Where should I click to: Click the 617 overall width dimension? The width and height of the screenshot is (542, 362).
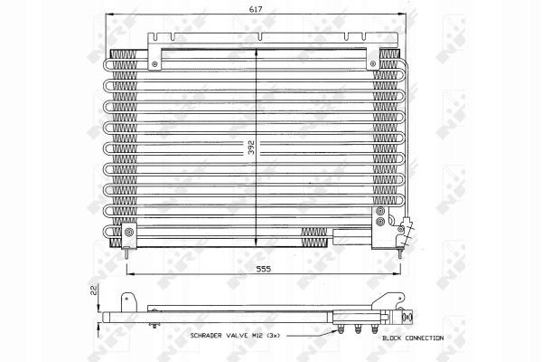[256, 9]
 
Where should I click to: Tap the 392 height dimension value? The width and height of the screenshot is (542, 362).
[251, 147]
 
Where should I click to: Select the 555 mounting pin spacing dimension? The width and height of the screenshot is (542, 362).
[264, 269]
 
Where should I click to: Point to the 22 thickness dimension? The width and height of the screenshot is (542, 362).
[93, 290]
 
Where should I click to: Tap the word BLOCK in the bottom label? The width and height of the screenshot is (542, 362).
[392, 338]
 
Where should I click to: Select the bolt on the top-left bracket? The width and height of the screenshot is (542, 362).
[154, 63]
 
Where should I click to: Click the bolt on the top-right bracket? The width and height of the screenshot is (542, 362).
[372, 63]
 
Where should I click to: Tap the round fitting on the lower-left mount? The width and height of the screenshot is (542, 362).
[129, 233]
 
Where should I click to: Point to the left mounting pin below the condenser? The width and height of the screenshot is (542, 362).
[126, 252]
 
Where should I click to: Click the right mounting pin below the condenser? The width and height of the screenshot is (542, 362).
[400, 252]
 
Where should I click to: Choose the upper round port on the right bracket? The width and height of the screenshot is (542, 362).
[380, 211]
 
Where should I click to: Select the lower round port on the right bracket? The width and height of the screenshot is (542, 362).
[380, 222]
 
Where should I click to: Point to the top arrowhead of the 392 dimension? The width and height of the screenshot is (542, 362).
[256, 52]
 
